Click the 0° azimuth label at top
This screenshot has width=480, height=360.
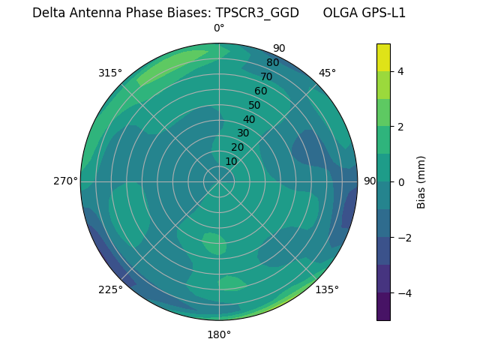click(219, 28)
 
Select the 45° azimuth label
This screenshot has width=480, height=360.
click(327, 73)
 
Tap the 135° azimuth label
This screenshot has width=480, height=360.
click(327, 289)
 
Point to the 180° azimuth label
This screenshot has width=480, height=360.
click(219, 334)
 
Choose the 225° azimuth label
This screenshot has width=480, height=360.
click(110, 289)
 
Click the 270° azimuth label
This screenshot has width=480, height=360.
click(65, 181)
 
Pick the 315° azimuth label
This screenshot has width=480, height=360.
click(110, 73)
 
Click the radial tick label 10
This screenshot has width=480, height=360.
click(231, 161)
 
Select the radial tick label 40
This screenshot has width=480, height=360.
click(249, 119)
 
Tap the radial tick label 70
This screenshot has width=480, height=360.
click(266, 76)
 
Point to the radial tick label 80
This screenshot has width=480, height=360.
click(272, 62)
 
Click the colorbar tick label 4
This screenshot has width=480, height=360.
click(400, 71)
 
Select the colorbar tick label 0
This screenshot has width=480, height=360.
click(400, 182)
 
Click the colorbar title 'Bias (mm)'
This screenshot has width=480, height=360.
click(421, 182)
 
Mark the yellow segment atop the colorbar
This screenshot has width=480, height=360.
click(383, 57)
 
